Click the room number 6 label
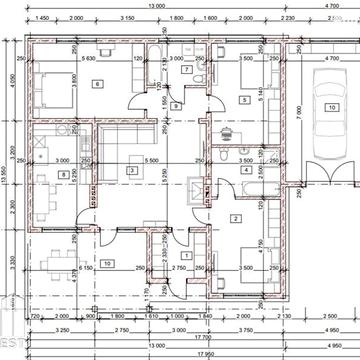coord(97,84)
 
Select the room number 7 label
coord(187,70)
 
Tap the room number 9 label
coord(174,105)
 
